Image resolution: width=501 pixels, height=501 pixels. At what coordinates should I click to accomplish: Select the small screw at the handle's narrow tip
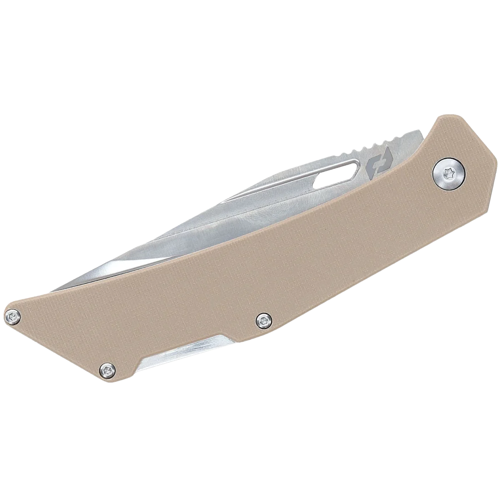[x=14, y=316]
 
